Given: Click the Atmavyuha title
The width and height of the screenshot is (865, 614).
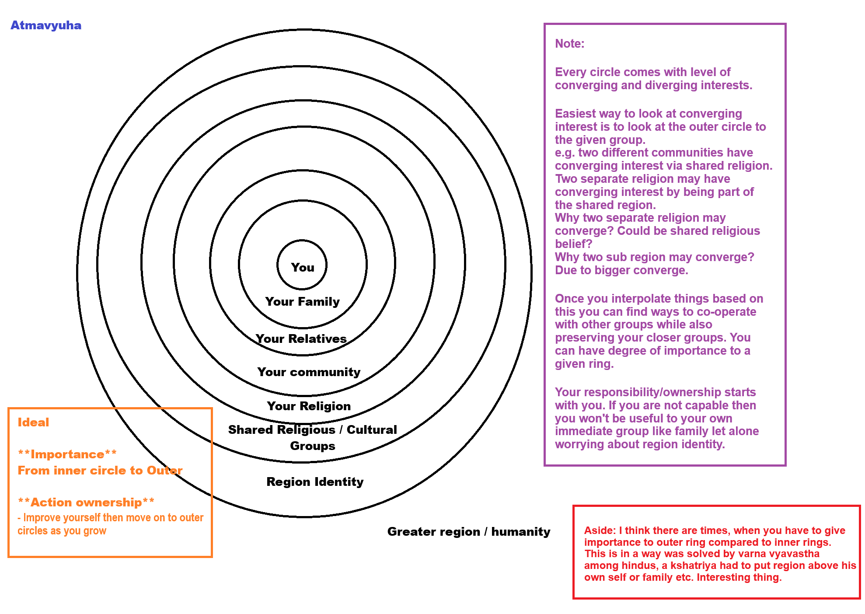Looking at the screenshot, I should (46, 25).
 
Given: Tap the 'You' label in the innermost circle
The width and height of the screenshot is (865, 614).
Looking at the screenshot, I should (303, 267).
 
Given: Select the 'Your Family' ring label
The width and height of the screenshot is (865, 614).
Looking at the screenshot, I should (302, 301).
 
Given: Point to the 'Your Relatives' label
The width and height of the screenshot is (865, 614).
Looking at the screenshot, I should (301, 338).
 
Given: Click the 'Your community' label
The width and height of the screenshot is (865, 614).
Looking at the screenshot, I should (309, 372).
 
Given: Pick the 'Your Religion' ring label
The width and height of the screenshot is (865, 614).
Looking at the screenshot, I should (309, 406).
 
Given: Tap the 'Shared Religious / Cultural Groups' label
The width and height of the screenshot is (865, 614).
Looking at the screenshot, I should (312, 437).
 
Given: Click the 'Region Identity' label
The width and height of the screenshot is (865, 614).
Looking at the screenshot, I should (315, 481).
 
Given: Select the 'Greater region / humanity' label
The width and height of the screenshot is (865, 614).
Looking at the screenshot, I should (468, 531).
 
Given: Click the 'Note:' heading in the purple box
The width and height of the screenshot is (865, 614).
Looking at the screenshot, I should (569, 44).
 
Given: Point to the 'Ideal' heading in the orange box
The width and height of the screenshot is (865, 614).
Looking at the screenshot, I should (33, 422).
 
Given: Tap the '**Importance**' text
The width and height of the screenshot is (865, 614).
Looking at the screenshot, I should (67, 454).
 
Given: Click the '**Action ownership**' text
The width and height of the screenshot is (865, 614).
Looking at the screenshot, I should (86, 502).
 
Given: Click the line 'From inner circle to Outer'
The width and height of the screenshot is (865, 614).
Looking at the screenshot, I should (100, 471).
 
